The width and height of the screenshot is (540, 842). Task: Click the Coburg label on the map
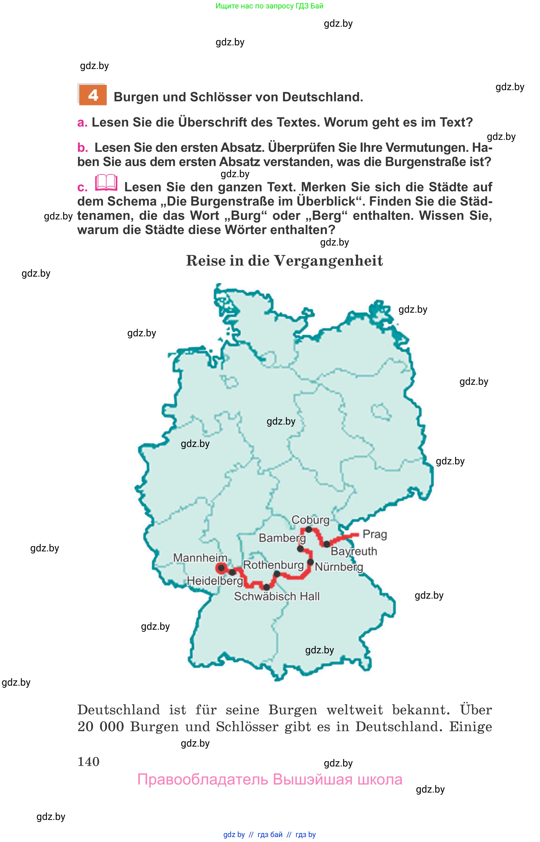click(310, 520)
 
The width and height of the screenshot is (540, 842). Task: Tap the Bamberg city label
click(282, 538)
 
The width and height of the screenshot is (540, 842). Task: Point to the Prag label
click(375, 534)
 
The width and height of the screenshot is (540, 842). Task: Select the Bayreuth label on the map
click(354, 551)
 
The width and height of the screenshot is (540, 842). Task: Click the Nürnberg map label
click(339, 567)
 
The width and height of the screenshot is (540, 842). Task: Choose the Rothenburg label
click(273, 565)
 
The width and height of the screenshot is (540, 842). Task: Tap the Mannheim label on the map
click(200, 558)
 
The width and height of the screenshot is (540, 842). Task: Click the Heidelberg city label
click(215, 581)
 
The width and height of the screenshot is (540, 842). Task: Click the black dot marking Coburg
click(309, 529)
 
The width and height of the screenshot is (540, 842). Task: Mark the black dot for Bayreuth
click(326, 544)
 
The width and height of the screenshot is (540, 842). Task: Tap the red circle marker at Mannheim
click(221, 568)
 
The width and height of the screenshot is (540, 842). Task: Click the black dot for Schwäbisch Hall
click(267, 587)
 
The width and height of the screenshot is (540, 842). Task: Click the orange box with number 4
click(93, 95)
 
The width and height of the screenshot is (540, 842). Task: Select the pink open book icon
click(106, 182)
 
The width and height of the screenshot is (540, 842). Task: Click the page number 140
click(88, 761)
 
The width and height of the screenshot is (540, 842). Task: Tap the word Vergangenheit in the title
click(328, 261)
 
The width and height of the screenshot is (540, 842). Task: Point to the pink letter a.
click(82, 123)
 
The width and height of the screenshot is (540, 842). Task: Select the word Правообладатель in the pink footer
click(202, 779)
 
